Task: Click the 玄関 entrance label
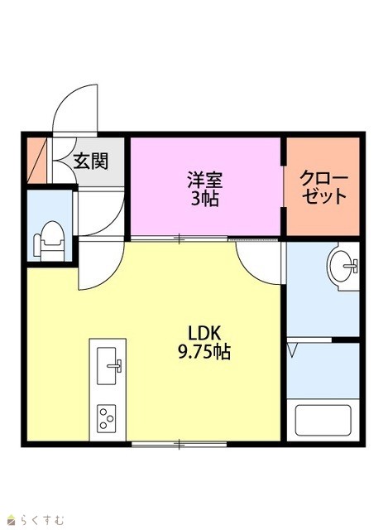[x=91, y=161]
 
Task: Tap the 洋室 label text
[x=205, y=180]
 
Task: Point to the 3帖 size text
[x=205, y=199]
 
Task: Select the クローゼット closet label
[x=323, y=187]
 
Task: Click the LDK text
[x=204, y=333]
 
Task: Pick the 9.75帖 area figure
[x=204, y=352]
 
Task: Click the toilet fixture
[x=49, y=240]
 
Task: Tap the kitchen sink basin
[x=107, y=366]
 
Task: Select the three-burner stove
[x=107, y=418]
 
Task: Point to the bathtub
[x=323, y=420]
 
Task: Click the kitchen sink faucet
[x=115, y=366]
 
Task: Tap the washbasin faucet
[x=352, y=266]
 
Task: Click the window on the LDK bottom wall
[x=179, y=444]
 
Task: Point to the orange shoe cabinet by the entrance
[x=36, y=161]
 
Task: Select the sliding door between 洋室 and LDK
[x=179, y=238]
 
